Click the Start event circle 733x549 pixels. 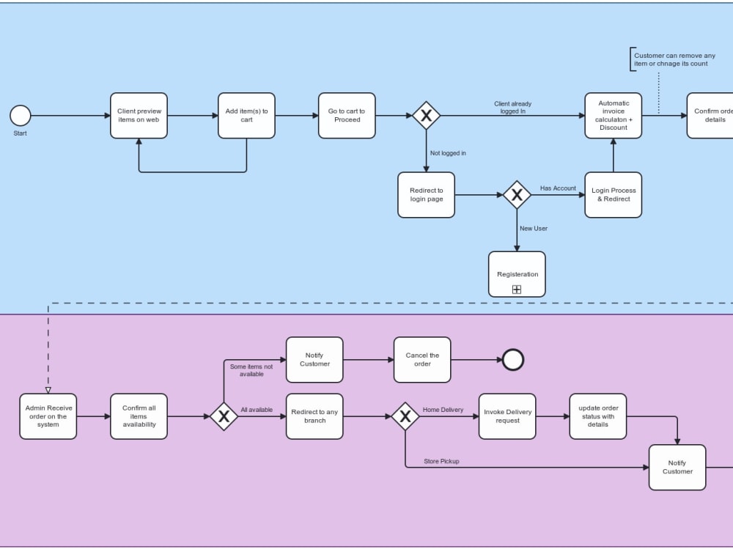(21, 116)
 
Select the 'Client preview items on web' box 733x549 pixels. (139, 116)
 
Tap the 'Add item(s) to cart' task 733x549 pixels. (246, 116)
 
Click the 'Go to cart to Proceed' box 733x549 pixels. (347, 116)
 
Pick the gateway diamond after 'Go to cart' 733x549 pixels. (426, 116)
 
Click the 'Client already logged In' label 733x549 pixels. (512, 108)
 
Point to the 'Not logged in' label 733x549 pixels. (447, 153)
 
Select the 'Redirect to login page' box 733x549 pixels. (426, 195)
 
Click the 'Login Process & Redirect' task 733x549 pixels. (613, 195)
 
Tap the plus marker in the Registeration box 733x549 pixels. (517, 290)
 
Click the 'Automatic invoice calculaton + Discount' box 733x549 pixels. (613, 116)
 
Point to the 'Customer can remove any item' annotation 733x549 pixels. (674, 59)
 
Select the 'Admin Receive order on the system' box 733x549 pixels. (48, 416)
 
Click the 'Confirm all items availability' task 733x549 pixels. (139, 416)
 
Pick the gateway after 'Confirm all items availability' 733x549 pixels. (224, 416)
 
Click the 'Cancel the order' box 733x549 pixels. (422, 360)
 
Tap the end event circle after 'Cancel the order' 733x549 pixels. (513, 360)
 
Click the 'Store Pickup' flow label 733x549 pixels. (442, 461)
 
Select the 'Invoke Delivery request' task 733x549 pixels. (507, 416)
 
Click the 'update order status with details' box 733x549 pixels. (597, 416)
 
